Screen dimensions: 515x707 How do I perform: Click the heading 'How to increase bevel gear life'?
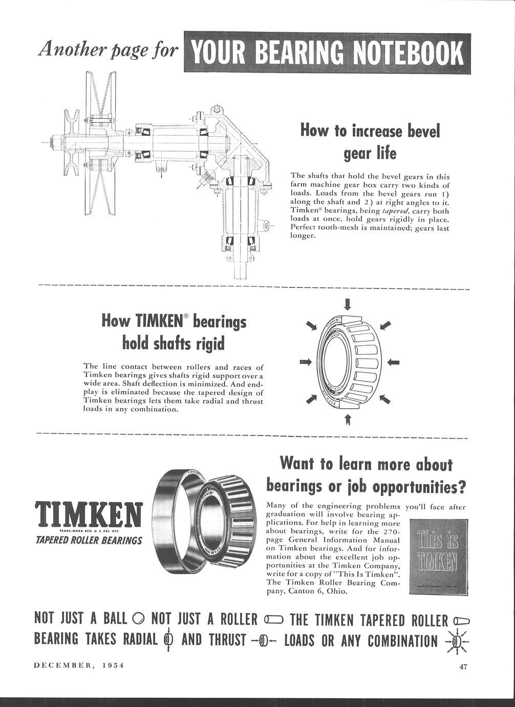[370, 142]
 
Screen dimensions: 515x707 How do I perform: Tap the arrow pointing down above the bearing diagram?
[348, 304]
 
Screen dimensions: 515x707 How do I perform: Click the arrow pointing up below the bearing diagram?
[348, 420]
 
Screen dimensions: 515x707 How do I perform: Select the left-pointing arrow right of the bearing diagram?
[394, 362]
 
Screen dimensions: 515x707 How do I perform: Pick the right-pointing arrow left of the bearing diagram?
[305, 362]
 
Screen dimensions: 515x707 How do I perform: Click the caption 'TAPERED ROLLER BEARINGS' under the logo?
[89, 540]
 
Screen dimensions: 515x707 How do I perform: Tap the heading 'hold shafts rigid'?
[174, 343]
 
